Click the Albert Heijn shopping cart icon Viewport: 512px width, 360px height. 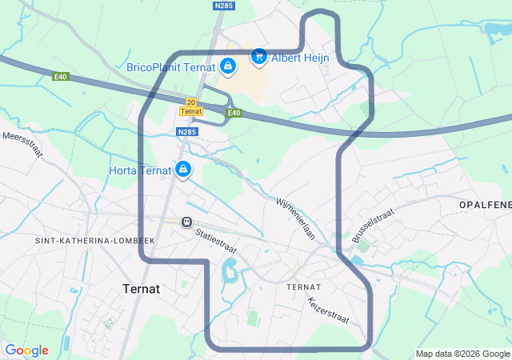tap(258, 57)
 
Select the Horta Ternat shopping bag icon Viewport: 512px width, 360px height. tap(183, 170)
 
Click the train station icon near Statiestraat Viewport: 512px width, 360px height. tap(186, 222)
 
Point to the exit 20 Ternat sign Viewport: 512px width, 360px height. tap(190, 106)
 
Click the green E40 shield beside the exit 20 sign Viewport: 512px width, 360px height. tap(233, 113)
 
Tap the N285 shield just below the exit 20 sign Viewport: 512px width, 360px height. tap(186, 132)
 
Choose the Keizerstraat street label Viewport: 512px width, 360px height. tap(328, 310)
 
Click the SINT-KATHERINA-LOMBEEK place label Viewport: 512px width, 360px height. tap(94, 241)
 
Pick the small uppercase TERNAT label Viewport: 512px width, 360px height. tap(303, 286)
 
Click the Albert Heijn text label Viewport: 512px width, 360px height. tap(301, 58)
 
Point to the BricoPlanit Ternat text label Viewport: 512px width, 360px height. tap(170, 67)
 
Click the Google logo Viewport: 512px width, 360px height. tap(26, 350)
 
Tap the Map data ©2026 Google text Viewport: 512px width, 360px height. tap(462, 354)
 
